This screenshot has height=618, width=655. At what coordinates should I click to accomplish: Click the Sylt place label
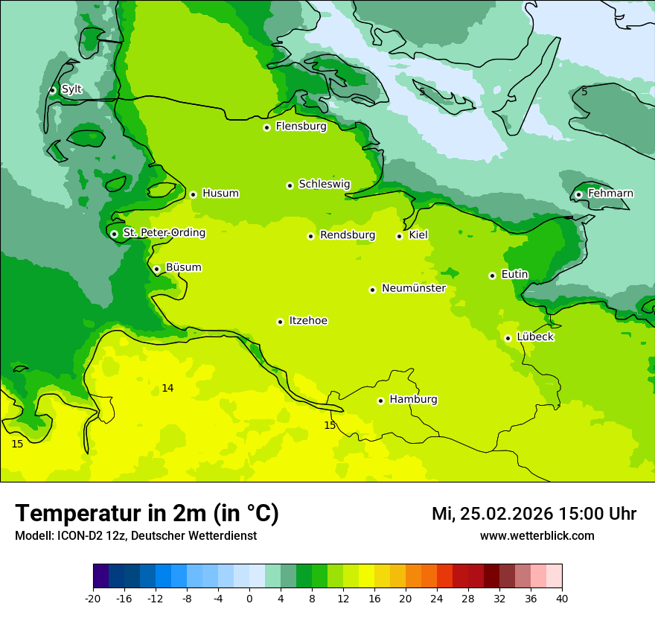(71, 89)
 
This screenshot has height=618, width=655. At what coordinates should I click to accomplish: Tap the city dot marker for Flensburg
(266, 127)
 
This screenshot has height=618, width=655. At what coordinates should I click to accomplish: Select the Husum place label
(220, 194)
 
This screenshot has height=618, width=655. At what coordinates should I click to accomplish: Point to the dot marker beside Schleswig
(290, 185)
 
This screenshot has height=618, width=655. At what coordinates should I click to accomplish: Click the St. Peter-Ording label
(164, 233)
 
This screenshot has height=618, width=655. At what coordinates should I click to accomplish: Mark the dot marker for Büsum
(156, 269)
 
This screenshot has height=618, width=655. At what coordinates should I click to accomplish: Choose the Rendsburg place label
(348, 235)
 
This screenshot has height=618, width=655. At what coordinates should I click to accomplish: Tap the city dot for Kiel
(399, 236)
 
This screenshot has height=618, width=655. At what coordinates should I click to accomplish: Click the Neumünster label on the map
(414, 288)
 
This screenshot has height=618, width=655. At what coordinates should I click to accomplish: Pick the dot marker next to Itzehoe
(280, 322)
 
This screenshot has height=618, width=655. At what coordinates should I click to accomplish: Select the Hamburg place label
(413, 400)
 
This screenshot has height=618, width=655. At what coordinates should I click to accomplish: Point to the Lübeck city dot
(508, 338)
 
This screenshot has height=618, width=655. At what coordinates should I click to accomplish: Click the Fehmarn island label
(610, 194)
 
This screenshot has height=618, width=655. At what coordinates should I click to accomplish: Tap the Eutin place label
(514, 275)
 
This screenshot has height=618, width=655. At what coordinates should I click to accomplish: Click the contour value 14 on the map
(167, 389)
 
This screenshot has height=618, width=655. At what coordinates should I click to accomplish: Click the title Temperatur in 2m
(147, 514)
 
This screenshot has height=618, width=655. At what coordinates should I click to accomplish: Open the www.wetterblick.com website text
(537, 535)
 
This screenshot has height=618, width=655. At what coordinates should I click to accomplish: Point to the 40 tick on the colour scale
(562, 598)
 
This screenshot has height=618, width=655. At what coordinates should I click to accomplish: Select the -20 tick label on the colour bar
(92, 598)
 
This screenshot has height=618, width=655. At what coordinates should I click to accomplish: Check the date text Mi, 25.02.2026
(492, 514)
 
